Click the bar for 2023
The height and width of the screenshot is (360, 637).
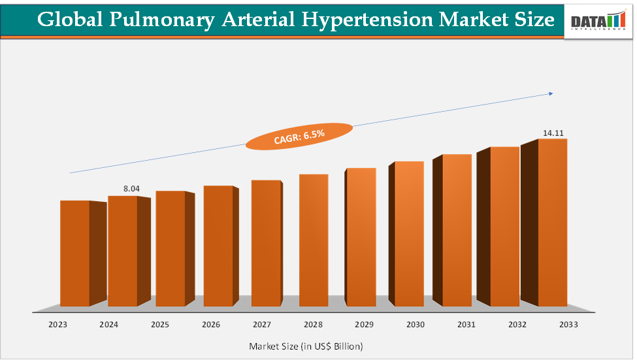(x=74, y=254)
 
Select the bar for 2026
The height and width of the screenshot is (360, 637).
(x=218, y=246)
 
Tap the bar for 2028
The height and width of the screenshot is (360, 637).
(x=314, y=240)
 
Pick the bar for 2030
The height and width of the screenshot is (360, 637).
(x=409, y=234)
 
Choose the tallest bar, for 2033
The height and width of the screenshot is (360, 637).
(x=552, y=222)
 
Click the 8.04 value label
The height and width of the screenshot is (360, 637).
(x=131, y=189)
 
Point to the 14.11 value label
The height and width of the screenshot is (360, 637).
(x=553, y=133)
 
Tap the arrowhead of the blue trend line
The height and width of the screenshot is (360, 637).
(x=551, y=93)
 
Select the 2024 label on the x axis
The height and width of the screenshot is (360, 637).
(x=108, y=324)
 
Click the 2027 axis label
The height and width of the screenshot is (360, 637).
(x=261, y=324)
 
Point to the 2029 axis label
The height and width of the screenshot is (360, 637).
(x=364, y=324)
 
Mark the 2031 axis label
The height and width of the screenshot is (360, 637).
(x=466, y=324)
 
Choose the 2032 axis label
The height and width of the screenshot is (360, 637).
(x=517, y=324)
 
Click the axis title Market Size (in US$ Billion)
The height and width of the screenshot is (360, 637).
(x=306, y=346)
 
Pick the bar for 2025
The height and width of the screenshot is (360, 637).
(x=170, y=249)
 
